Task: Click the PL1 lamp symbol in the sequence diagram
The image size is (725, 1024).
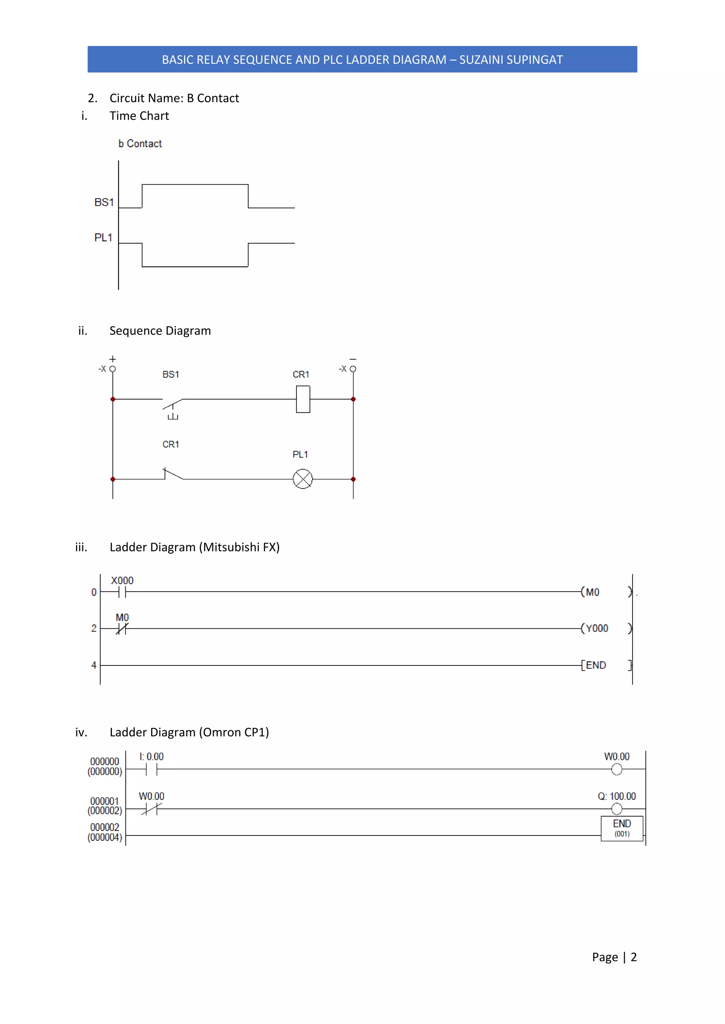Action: [x=303, y=479]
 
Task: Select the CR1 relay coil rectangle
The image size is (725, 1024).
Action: [x=303, y=399]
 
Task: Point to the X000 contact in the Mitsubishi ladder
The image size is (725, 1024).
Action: [x=122, y=592]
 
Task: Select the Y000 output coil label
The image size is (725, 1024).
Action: [x=597, y=628]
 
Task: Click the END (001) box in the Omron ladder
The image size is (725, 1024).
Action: [x=622, y=828]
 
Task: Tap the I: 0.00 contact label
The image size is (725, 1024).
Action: [x=152, y=756]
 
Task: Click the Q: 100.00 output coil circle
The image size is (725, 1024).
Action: [x=617, y=809]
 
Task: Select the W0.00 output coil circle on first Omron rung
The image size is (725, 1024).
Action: [x=617, y=769]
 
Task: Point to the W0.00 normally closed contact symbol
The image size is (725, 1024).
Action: [x=152, y=809]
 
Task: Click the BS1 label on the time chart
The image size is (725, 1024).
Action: [x=104, y=203]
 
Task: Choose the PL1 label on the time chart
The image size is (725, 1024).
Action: [x=103, y=238]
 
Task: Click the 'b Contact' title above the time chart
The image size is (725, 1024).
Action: [x=140, y=144]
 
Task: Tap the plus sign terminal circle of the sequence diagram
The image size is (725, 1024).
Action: [x=113, y=369]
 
